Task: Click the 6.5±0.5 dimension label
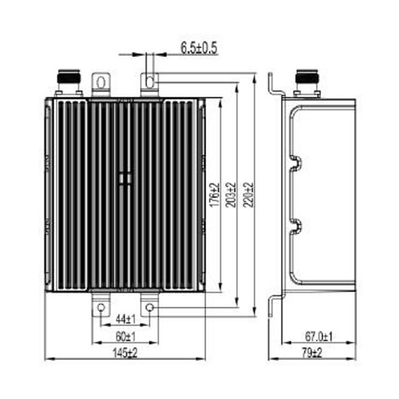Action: point(199,48)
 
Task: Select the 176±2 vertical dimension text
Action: point(215,195)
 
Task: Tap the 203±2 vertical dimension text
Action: point(231,195)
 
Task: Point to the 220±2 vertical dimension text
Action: point(248,195)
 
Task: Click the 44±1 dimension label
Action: point(126,319)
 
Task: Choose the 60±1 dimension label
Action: point(125,337)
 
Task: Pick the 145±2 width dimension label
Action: point(125,354)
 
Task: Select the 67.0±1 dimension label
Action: point(318,337)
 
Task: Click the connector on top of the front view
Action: point(69,83)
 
